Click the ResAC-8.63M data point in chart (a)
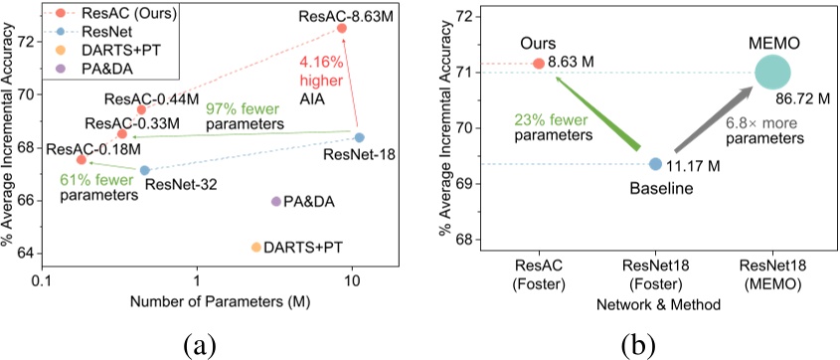pyautogui.click(x=342, y=29)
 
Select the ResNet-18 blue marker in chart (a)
pyautogui.click(x=359, y=137)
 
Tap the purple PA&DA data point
pyautogui.click(x=275, y=201)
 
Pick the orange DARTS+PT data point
pyautogui.click(x=255, y=247)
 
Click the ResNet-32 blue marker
pyautogui.click(x=144, y=170)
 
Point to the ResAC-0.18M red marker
pyautogui.click(x=82, y=159)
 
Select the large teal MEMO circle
pyautogui.click(x=772, y=72)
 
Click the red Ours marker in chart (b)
pyautogui.click(x=539, y=63)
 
